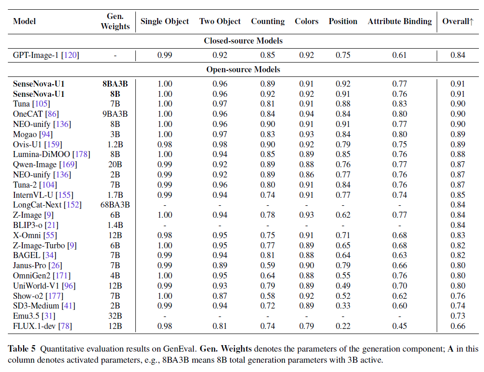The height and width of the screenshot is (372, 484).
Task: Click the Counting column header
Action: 267,21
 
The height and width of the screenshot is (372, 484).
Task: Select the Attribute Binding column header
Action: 400,21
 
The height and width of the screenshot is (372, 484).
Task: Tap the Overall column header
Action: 458,21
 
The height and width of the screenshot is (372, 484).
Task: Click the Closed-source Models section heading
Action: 243,41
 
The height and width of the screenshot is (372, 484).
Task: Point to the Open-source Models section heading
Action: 243,69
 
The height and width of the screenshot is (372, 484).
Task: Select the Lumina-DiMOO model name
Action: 41,154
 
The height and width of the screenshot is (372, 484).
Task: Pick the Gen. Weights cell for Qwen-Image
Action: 115,164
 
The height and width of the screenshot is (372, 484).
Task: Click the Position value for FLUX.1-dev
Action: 343,326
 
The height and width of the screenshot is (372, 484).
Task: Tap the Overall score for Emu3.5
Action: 458,316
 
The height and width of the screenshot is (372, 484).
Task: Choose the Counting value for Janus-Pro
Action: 267,265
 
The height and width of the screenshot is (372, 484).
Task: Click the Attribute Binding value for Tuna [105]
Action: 400,104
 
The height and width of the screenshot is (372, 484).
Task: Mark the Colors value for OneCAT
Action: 306,114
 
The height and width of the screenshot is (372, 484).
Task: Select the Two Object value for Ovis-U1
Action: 220,145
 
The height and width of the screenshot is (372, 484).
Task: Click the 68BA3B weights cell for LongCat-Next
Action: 115,205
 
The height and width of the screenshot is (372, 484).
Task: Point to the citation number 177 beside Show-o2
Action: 55,296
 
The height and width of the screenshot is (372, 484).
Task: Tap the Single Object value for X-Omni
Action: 165,235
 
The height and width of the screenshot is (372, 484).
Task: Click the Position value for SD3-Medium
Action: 343,306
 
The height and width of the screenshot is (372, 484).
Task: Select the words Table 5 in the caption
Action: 22,348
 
